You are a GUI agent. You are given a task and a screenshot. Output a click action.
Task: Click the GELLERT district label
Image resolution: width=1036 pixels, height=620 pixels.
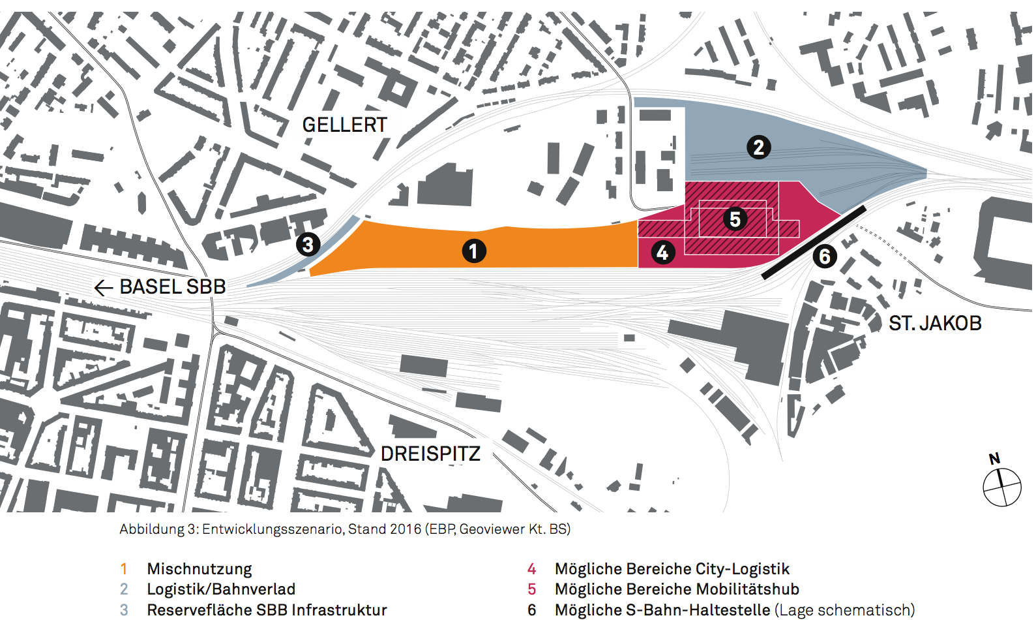pos(344,125)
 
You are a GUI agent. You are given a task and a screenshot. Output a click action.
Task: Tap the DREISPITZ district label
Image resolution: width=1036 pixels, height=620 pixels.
pos(430,454)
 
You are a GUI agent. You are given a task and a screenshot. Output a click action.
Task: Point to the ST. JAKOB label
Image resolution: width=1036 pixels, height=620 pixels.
pos(935,323)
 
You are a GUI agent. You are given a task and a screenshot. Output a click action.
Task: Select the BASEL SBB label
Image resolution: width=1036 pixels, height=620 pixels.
pos(173,287)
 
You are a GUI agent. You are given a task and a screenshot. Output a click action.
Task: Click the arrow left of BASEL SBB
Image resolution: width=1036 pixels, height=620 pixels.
pos(104,287)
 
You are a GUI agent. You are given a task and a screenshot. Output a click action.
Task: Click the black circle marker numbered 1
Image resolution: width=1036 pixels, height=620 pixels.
pos(474,251)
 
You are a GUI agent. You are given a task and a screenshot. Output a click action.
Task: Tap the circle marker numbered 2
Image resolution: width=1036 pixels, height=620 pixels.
pos(758,147)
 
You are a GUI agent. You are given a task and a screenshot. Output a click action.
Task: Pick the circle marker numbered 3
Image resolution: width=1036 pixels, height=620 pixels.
pos(308,245)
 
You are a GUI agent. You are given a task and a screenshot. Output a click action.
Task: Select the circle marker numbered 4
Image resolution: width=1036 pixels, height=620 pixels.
pos(662,252)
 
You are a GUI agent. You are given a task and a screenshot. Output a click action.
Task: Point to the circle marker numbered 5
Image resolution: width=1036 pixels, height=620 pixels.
pos(735,219)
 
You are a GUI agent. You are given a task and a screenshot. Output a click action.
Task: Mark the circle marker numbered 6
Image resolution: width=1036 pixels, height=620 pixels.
pos(825,256)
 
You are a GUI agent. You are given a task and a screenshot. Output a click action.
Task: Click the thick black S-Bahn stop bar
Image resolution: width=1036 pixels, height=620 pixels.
pos(814,242)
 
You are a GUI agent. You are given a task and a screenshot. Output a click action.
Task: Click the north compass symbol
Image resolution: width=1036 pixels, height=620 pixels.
pos(1001,486)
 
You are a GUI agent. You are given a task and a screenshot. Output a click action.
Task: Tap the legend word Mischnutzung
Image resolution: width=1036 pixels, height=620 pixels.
pos(200,569)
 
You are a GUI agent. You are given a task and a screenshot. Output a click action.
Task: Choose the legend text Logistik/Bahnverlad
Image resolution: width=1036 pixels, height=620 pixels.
pos(221,589)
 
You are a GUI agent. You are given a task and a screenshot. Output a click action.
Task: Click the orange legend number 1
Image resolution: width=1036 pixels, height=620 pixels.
pos(124,569)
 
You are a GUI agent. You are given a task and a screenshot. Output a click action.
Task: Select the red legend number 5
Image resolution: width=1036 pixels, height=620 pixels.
pos(532,589)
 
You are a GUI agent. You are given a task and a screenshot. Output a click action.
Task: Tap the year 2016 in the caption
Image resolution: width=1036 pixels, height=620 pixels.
pos(406,529)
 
